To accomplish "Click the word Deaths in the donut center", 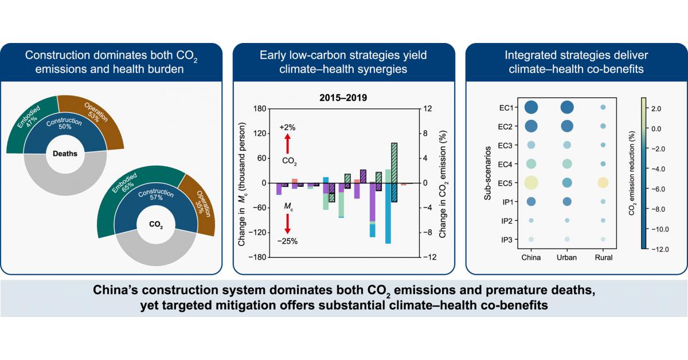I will [x=65, y=153].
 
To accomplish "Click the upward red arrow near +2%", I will [x=288, y=142].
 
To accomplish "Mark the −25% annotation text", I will [x=288, y=241].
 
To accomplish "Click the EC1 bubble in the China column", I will [x=531, y=107].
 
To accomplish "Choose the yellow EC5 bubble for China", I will [x=531, y=183].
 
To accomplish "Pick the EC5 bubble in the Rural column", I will [x=603, y=183].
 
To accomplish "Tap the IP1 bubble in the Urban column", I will [x=567, y=201].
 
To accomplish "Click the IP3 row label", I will [x=507, y=239].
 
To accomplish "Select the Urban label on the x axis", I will [x=567, y=257].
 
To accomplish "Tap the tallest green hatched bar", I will [x=394, y=172].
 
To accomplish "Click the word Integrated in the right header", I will [x=529, y=56].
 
